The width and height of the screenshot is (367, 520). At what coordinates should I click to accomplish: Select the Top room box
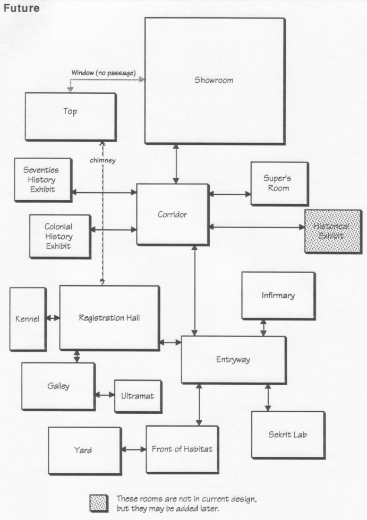click(70, 116)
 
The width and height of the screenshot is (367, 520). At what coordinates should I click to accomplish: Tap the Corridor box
click(172, 214)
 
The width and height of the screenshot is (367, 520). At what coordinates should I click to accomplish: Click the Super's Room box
click(279, 183)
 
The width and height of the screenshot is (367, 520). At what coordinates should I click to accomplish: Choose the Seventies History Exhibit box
click(42, 179)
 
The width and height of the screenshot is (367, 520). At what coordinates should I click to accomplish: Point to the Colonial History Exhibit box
click(59, 236)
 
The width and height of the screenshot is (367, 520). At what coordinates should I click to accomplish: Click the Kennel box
click(27, 318)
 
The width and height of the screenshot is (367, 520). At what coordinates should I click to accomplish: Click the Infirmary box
click(278, 295)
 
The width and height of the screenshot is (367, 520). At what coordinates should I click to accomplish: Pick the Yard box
click(84, 450)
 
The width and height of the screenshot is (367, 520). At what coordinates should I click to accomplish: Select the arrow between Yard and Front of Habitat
click(133, 449)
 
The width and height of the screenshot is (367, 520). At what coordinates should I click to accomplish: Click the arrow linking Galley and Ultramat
click(105, 395)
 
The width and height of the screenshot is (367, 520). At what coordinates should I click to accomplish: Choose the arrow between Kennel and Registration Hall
click(52, 318)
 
